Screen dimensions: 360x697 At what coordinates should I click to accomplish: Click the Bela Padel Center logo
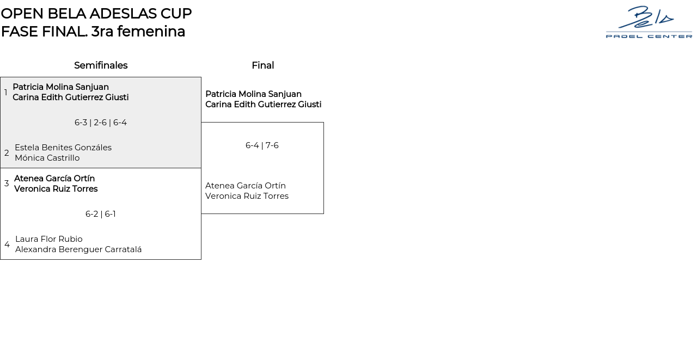click(649, 22)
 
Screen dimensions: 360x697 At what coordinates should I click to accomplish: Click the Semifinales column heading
click(101, 65)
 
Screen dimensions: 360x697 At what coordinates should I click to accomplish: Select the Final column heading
click(262, 65)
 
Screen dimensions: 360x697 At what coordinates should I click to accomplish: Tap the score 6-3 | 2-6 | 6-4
click(101, 123)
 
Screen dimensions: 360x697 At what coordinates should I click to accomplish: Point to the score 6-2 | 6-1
click(101, 214)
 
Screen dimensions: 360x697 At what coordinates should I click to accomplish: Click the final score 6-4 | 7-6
click(262, 145)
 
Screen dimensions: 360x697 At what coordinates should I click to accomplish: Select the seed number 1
click(6, 93)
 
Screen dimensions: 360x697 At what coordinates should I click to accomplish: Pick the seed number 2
click(7, 153)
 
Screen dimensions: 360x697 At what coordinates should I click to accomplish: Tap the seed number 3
click(7, 184)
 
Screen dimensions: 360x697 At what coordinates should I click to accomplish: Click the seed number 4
click(7, 245)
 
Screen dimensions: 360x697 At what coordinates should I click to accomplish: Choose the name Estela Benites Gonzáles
click(63, 148)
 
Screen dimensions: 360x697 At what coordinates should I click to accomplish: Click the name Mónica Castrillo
click(47, 158)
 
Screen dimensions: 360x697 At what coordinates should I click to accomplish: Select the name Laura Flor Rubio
click(49, 239)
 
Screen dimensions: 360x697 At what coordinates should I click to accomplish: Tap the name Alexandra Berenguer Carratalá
click(78, 249)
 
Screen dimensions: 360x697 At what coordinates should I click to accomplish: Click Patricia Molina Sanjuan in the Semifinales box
click(60, 87)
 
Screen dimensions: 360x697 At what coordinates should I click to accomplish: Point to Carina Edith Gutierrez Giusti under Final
click(263, 105)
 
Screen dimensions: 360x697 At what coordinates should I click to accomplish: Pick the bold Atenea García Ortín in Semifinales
click(54, 179)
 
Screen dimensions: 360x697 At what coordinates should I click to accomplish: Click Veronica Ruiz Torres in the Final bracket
click(247, 196)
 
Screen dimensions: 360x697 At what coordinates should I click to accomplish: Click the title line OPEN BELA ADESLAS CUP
click(96, 14)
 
